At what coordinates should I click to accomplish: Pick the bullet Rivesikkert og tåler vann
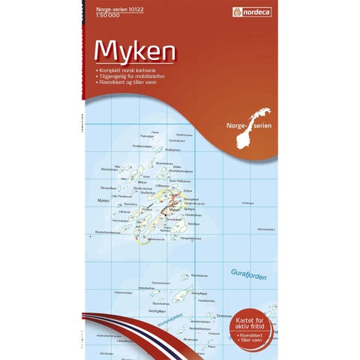(127, 80)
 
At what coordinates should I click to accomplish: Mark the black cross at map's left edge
(88, 236)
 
